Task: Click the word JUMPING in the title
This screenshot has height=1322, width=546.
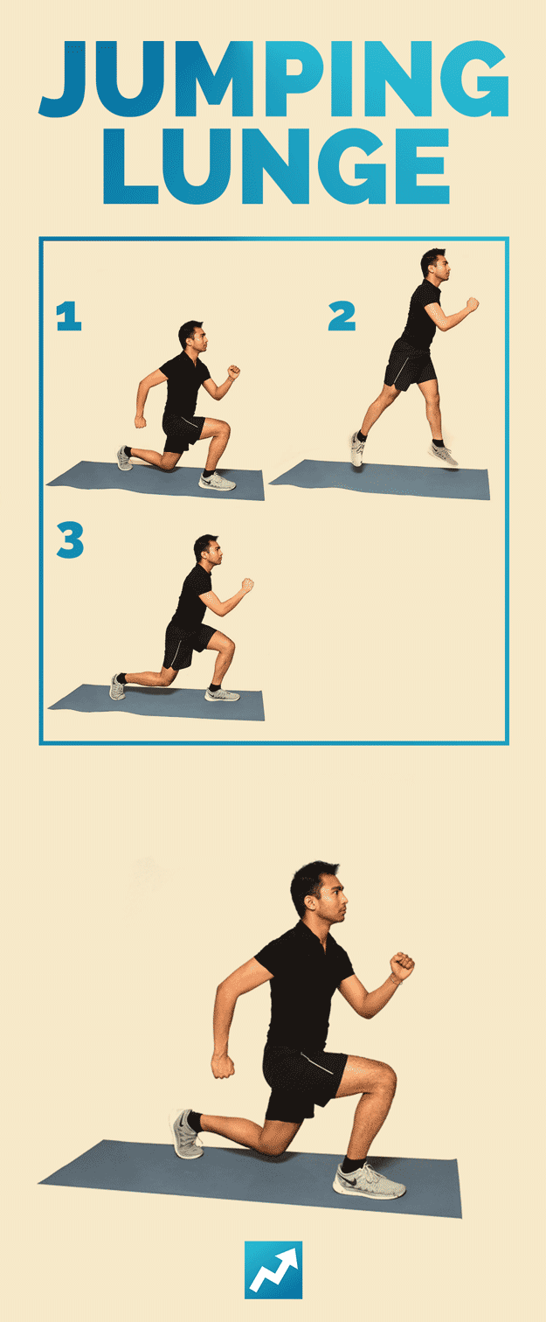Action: [273, 79]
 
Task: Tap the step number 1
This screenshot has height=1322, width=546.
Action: [68, 317]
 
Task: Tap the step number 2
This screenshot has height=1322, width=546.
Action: [342, 317]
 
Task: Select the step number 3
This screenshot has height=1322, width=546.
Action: [70, 541]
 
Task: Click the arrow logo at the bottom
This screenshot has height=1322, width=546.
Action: [273, 1270]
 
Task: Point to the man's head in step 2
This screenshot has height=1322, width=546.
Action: [434, 263]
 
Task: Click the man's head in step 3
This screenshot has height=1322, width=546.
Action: [208, 549]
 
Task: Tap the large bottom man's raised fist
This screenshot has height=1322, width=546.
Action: [401, 966]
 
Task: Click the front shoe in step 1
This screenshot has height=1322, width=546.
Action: [218, 481]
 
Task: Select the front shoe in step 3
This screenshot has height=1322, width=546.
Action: [222, 694]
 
